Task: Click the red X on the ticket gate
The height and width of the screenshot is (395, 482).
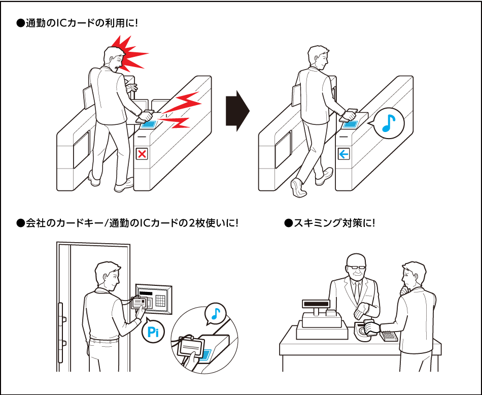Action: point(142,154)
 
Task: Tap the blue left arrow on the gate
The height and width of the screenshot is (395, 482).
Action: point(343,154)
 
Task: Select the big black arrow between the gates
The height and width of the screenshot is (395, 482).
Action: point(237,111)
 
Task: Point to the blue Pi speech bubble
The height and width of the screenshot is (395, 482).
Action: point(153,332)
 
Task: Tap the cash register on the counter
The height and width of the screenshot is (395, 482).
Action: point(320,320)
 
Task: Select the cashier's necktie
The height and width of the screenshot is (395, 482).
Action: point(357,291)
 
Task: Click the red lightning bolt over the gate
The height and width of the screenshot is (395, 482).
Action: point(180,110)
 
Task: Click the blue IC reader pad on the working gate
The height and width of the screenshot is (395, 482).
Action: point(351,125)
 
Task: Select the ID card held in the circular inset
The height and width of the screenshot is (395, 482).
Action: point(192,347)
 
